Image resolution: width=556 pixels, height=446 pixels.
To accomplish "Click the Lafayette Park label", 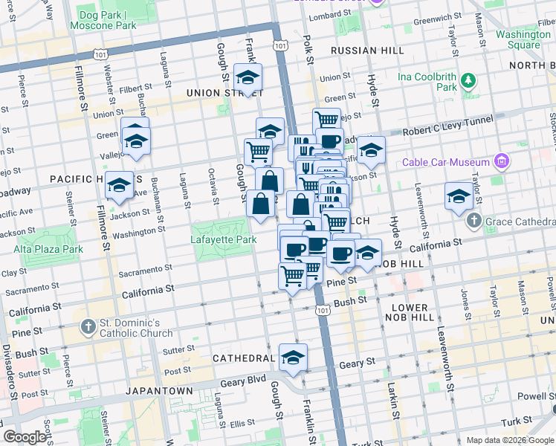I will click(x=224, y=239).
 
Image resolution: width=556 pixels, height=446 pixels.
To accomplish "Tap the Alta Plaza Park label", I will click(x=48, y=249).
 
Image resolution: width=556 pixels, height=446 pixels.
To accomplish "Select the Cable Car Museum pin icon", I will click(x=502, y=162).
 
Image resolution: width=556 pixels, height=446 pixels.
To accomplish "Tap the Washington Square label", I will click(x=523, y=39).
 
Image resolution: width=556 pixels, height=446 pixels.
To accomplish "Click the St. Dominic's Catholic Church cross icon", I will click(x=88, y=327).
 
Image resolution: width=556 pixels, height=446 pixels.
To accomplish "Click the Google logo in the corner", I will click(x=25, y=436).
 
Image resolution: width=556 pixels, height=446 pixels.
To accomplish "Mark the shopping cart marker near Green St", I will click(x=326, y=120).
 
